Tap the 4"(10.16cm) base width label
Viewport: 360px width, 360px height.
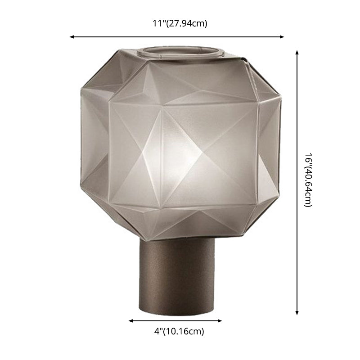pyautogui.click(x=176, y=332)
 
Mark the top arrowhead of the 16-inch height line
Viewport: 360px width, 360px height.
pyautogui.click(x=297, y=52)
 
